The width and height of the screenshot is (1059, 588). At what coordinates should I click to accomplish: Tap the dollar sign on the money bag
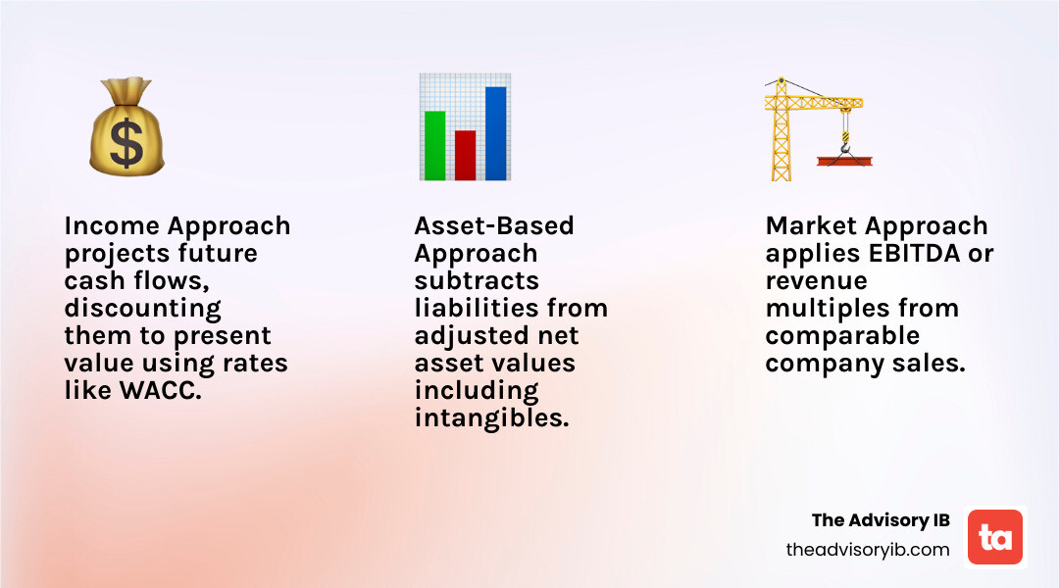point(126,145)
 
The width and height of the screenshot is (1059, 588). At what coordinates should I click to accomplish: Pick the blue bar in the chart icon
point(495,133)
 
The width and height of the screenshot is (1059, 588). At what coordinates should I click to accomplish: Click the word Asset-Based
point(494,226)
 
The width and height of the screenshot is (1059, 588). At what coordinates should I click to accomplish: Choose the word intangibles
point(490,418)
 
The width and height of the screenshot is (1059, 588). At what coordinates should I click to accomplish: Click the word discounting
point(142,309)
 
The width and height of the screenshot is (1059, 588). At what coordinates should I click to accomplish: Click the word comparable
point(842,336)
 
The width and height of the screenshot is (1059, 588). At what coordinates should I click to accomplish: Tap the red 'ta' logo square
point(995,537)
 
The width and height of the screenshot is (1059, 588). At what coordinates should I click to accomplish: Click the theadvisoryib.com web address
point(868,550)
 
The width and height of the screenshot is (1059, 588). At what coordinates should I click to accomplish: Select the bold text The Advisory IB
point(881,519)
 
